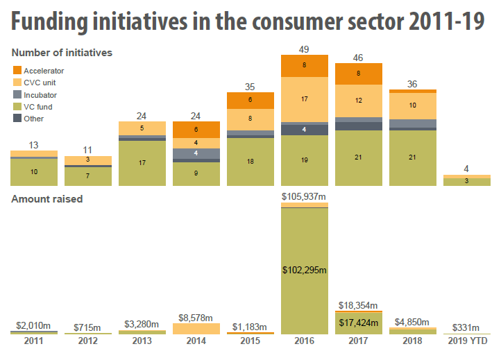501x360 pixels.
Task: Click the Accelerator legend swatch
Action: pos(17,70)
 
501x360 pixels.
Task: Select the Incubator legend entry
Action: pos(40,94)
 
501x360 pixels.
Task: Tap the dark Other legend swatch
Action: pos(17,119)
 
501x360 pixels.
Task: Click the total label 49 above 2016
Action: pos(304,49)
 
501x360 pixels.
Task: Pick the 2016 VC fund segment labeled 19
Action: pos(304,160)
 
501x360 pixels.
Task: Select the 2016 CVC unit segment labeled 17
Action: pos(304,99)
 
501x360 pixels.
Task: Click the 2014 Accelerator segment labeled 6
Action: pos(196,130)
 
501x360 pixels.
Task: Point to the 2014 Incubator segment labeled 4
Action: pos(196,153)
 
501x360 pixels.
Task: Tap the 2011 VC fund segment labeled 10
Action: pos(33,171)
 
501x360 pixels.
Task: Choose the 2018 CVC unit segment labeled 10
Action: pos(412,105)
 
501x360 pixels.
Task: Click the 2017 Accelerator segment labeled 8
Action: pos(358,73)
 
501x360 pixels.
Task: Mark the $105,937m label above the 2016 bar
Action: pos(304,197)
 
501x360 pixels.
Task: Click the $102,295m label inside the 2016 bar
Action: pos(304,270)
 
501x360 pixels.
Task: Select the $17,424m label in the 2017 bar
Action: pos(358,322)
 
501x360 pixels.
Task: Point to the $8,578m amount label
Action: pos(196,316)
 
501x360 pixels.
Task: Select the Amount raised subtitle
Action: pos(46,199)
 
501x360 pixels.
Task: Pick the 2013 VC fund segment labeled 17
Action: pos(142,163)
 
